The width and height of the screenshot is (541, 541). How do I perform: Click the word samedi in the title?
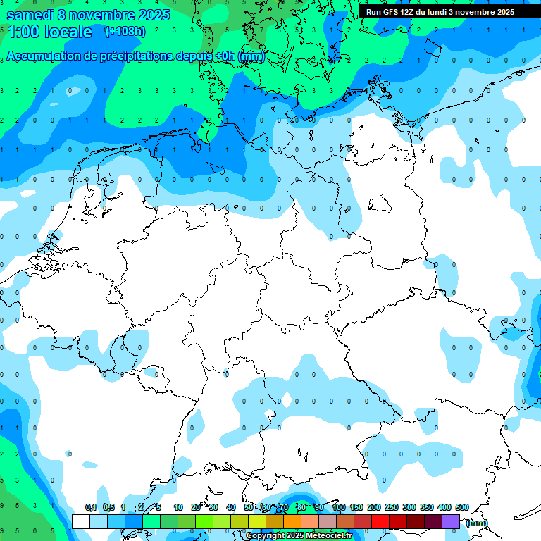35,14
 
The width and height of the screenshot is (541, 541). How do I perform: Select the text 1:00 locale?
49,32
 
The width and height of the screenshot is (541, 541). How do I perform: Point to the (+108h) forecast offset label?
125,32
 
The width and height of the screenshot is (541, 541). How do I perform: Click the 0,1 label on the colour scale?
91,508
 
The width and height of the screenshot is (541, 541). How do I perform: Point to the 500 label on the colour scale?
462,508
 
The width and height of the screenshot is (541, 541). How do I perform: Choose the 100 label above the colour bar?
338,508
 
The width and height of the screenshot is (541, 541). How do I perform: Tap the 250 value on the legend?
392,508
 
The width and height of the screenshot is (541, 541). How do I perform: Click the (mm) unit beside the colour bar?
477,523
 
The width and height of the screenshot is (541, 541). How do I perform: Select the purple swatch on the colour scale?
451,521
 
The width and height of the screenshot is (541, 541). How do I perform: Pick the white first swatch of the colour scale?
81,521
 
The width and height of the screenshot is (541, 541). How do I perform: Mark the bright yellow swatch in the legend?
258,521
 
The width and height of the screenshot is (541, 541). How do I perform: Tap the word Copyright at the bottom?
265,536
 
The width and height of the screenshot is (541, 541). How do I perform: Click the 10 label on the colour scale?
178,508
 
